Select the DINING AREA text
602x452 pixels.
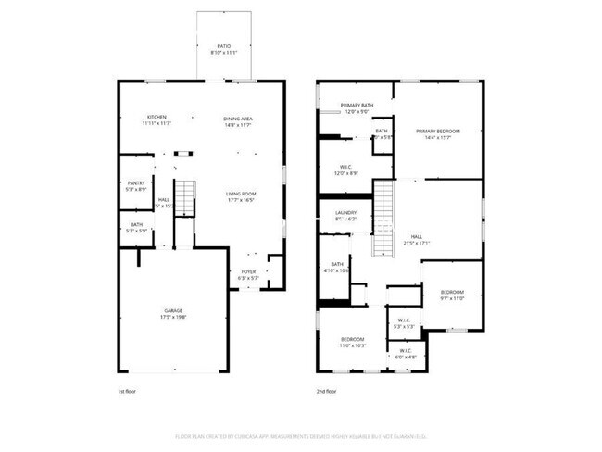coord(239,119)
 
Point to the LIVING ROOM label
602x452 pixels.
coord(241,194)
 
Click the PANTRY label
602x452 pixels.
coord(136,183)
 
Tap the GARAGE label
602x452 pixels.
coord(173,310)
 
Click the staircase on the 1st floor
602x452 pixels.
coord(187,197)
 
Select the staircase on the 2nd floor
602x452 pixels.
coord(383,219)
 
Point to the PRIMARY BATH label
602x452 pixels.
coord(357,107)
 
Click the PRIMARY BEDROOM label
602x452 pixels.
coord(437,132)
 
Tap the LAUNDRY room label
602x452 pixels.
coord(345,213)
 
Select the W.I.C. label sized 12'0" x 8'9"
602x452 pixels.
coord(345,168)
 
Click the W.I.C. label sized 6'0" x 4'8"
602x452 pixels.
coord(406,351)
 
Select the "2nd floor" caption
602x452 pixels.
coord(327,392)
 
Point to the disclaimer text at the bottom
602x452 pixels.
coord(301,435)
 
